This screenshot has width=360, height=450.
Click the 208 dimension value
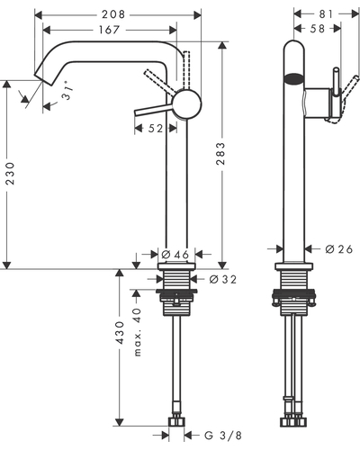(113, 14)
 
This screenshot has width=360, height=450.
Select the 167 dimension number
(109, 30)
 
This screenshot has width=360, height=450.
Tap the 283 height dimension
(220, 154)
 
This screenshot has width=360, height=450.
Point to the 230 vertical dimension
(10, 173)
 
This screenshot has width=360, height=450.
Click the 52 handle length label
(156, 129)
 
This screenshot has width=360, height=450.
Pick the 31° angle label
(67, 92)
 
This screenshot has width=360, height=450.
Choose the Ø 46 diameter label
(175, 255)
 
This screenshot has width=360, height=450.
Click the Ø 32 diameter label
(223, 279)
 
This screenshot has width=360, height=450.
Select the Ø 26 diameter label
(339, 248)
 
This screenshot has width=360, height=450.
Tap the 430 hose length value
(120, 332)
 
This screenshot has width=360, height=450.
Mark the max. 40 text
(137, 332)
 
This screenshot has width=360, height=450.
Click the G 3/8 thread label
(223, 436)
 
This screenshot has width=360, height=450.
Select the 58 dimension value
(318, 29)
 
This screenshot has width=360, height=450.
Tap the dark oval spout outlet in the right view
(293, 78)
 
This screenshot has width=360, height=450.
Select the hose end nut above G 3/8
(176, 421)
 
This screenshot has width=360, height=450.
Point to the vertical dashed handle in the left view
(186, 70)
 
